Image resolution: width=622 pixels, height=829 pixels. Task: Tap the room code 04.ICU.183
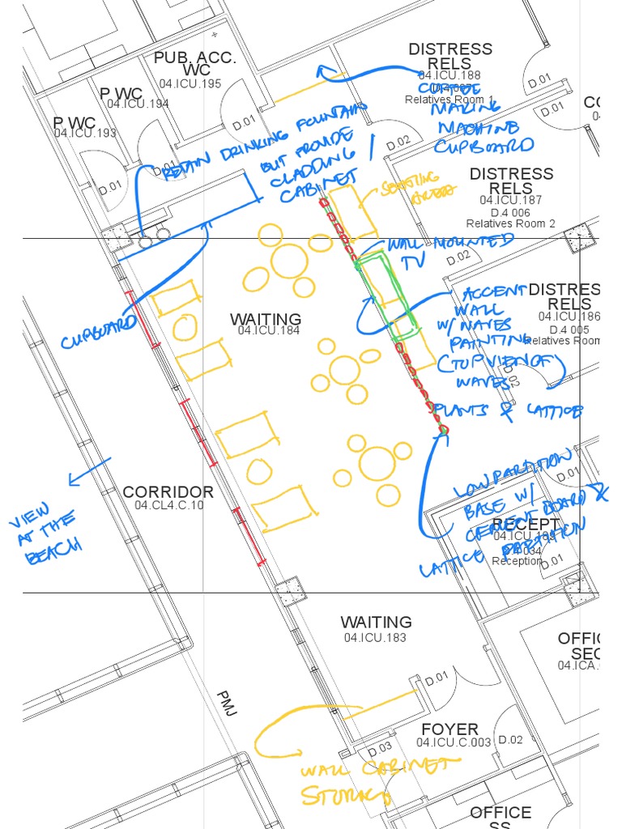point(375,638)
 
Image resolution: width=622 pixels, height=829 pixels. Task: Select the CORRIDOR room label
point(168,492)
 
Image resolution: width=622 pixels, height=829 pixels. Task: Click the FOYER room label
point(449,729)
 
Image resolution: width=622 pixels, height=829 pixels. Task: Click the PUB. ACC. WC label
point(194,64)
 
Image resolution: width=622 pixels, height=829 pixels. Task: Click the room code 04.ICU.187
point(510,200)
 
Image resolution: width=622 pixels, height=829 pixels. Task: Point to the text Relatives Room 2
point(510,223)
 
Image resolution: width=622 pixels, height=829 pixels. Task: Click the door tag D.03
point(380,747)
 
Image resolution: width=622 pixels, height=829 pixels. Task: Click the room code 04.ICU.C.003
point(454,742)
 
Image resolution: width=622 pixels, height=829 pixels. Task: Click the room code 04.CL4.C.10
point(168,506)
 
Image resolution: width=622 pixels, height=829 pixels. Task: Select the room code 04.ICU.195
point(190,84)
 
